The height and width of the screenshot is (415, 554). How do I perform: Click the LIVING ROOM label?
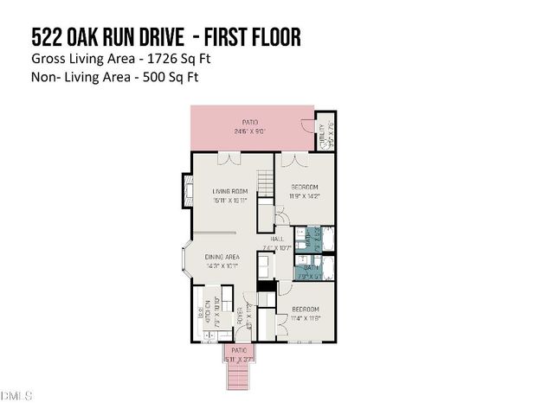pos(231,191)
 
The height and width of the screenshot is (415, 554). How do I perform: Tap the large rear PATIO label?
pos(252,122)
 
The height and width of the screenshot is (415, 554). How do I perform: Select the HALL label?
pos(277,239)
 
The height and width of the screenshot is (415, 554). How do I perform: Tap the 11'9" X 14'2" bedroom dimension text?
pos(304,196)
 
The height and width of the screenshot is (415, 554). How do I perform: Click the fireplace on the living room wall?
pos(186,191)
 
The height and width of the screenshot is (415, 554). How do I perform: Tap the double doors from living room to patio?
pos(229,158)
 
